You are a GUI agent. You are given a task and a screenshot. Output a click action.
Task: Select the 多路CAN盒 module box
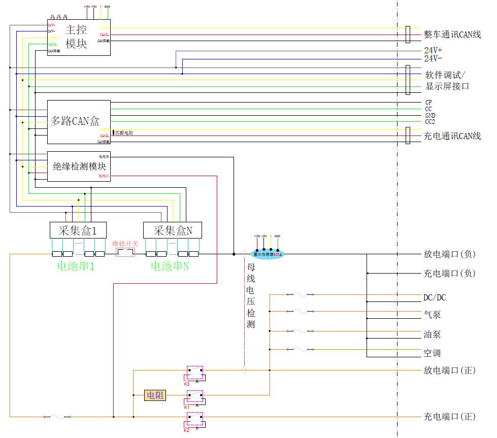click(79, 121)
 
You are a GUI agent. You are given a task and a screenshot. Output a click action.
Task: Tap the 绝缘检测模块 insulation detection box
click(79, 166)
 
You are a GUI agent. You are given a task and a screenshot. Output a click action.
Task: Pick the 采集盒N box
click(173, 230)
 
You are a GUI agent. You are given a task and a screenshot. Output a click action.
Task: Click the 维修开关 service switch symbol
click(125, 252)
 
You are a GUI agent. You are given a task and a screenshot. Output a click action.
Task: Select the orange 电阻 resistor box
click(155, 395)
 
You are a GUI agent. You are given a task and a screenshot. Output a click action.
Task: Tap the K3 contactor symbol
click(195, 373)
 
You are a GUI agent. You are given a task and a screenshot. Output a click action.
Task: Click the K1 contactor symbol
click(195, 396)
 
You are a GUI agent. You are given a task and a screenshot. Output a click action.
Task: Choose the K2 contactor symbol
click(195, 419)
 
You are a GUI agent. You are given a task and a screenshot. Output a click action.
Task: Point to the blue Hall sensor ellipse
click(267, 254)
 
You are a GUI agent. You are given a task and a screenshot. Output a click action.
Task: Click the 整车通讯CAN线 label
click(452, 35)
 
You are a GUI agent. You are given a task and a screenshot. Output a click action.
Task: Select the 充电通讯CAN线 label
click(452, 136)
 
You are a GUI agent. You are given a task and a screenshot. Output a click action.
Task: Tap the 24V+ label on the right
click(433, 51)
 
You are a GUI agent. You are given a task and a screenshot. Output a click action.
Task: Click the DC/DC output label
click(435, 297)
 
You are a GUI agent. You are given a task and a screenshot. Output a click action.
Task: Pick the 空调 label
click(432, 353)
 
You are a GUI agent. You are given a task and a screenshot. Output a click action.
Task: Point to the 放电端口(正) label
click(449, 370)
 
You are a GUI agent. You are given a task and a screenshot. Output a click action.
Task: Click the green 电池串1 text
click(76, 266)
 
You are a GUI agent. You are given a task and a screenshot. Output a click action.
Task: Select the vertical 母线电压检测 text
click(250, 296)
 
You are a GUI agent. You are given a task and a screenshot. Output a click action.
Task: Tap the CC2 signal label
click(429, 122)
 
